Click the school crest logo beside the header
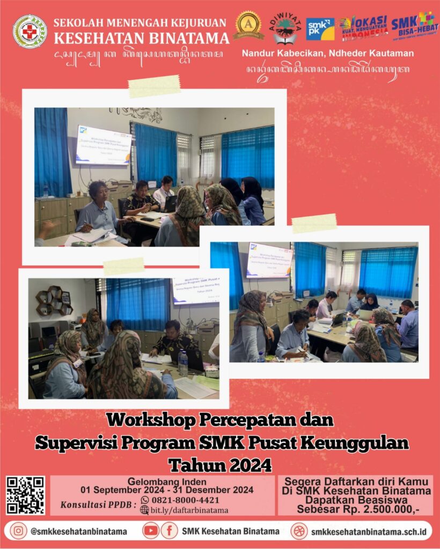[x=30, y=32]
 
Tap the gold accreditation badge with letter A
[x=248, y=25]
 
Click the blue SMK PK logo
[x=320, y=29]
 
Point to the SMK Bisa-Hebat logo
[x=414, y=26]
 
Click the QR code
[x=25, y=495]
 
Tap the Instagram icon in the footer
[x=18, y=531]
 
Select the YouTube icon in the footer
[x=151, y=531]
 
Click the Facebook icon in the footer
[x=169, y=531]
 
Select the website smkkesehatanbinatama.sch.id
[x=368, y=531]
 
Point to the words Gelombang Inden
[x=162, y=481]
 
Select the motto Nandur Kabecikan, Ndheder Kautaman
[x=327, y=53]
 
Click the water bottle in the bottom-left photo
[x=184, y=363]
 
